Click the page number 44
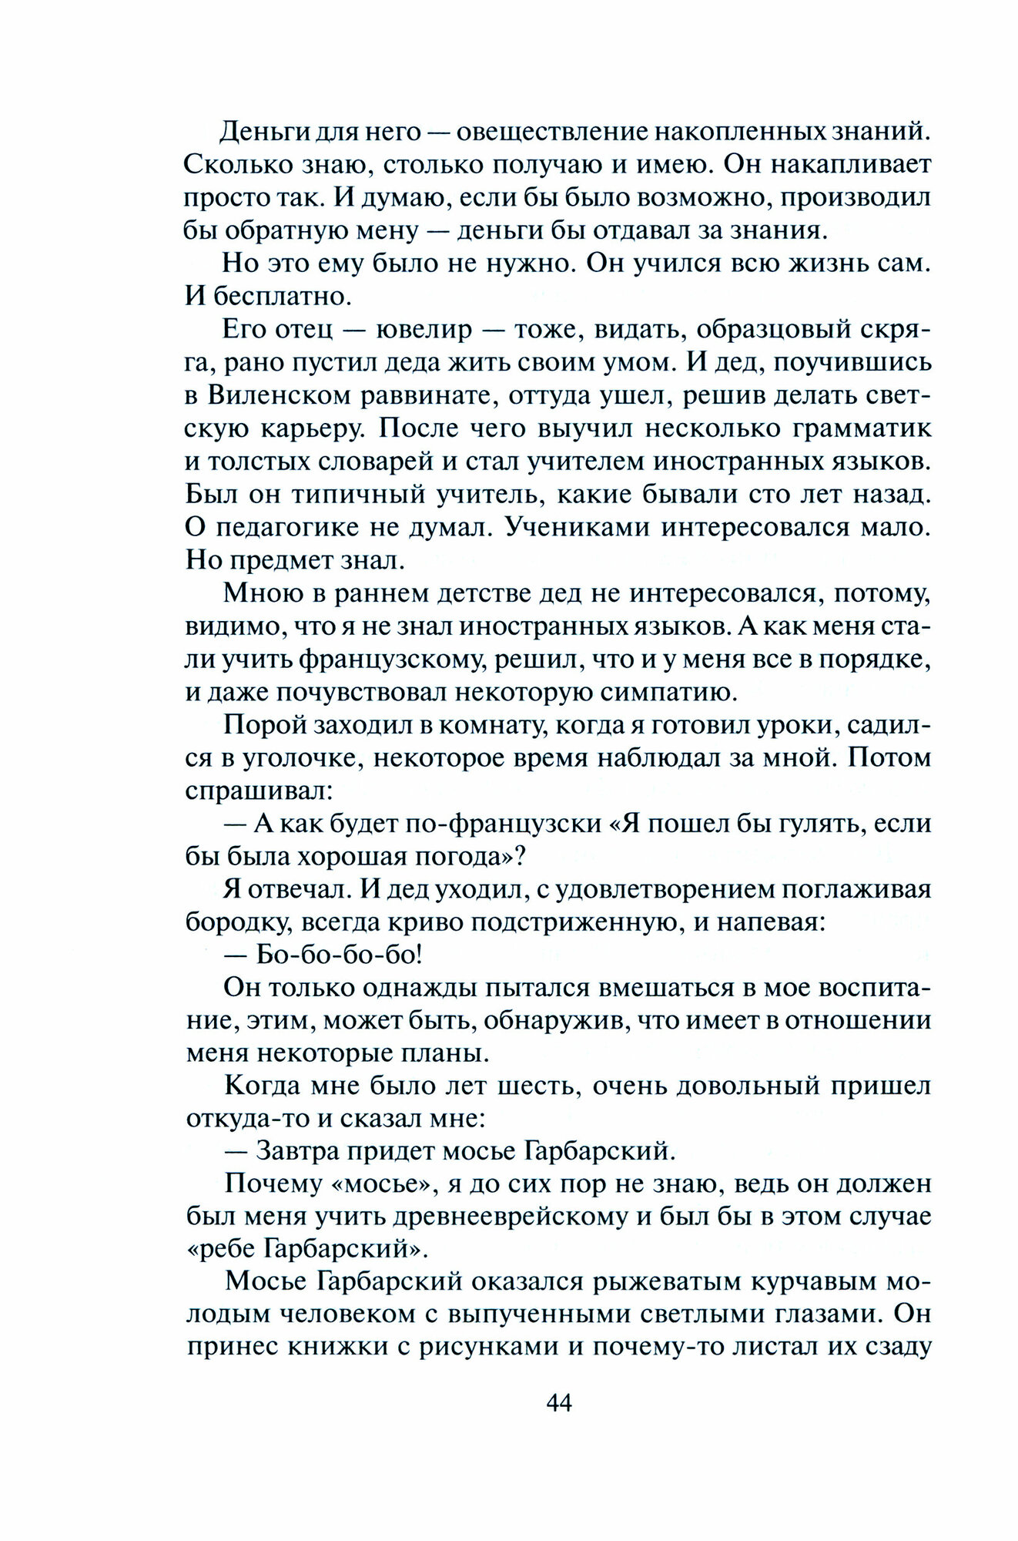558,1403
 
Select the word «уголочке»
290,758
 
